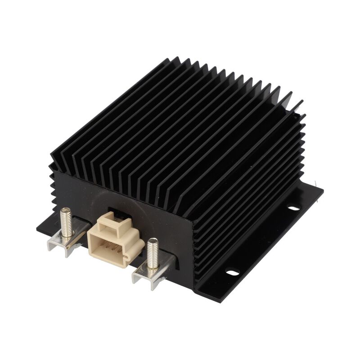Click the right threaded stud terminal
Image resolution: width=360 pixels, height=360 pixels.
[x=153, y=255]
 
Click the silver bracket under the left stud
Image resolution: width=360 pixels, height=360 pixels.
[x=63, y=245]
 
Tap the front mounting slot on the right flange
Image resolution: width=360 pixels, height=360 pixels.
[x=232, y=272]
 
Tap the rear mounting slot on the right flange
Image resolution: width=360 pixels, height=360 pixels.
[x=293, y=208]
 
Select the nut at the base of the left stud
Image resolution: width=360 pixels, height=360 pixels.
[x=68, y=234]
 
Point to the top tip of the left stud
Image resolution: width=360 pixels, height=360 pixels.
[x=67, y=210]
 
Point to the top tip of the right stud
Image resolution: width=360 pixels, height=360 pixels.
[x=152, y=241]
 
